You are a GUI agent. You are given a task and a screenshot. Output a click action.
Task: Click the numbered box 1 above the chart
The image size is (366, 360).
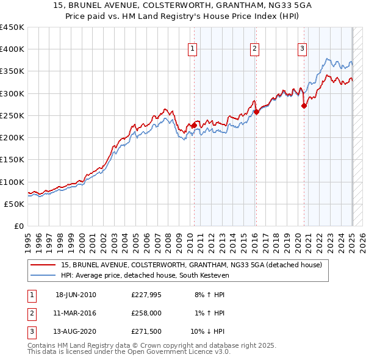[x=193, y=49]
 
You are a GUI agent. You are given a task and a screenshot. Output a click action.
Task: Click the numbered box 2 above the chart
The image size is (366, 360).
[x=254, y=49]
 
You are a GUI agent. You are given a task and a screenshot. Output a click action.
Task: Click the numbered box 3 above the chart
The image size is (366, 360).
[x=302, y=49]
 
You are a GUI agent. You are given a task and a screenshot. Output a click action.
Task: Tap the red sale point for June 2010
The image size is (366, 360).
[x=194, y=125]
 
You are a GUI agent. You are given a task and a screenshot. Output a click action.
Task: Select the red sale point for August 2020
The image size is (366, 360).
[x=304, y=106]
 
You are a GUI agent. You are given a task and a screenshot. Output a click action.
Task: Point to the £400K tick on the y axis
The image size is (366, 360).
[x=12, y=49]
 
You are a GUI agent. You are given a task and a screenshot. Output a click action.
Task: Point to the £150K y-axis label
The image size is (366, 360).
[x=12, y=159]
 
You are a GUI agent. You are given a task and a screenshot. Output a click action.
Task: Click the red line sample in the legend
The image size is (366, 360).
[x=44, y=265]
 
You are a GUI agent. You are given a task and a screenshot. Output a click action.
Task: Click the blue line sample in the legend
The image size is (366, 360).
[x=44, y=275]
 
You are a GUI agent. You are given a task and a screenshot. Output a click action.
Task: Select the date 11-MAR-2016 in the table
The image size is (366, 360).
[x=76, y=312]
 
